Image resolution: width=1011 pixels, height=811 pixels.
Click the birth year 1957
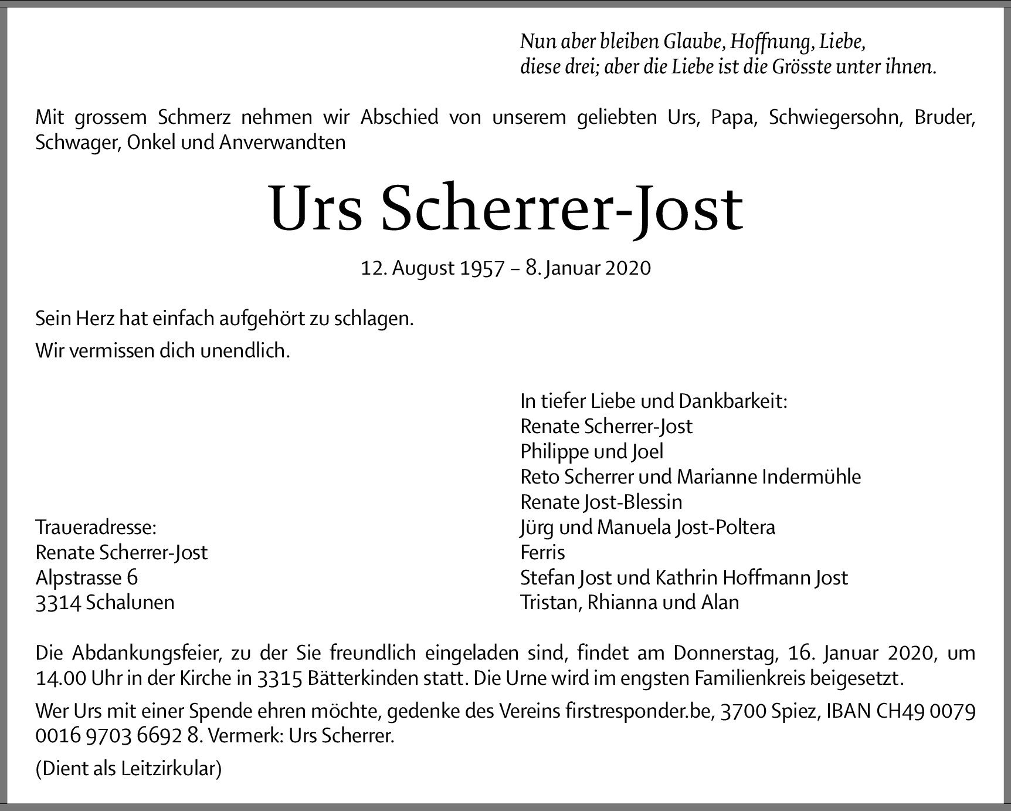[x=482, y=268]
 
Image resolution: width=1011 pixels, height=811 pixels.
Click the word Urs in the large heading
[x=316, y=209]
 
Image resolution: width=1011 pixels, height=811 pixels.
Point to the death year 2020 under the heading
[x=627, y=268]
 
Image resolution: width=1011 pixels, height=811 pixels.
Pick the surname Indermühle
[x=811, y=477]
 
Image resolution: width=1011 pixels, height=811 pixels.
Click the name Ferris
[x=542, y=552]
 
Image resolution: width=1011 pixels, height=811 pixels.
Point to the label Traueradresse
[x=96, y=527]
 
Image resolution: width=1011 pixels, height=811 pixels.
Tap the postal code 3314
[x=57, y=603]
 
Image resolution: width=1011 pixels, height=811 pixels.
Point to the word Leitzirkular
[x=171, y=769]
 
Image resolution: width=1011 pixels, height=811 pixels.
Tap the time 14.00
[x=60, y=678]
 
